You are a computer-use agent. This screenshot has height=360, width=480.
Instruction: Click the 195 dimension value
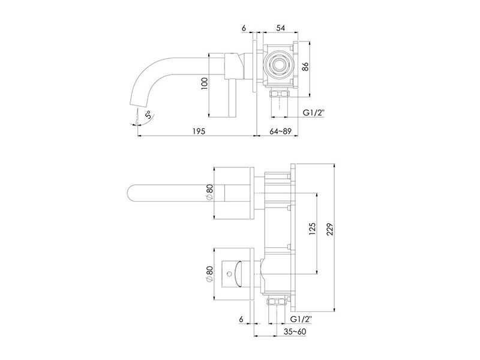pos(199,131)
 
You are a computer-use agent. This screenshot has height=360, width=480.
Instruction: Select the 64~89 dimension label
pos(280,131)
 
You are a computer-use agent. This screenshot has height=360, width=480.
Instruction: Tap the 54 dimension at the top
pos(280,28)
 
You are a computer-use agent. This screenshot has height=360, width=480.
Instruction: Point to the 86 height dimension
pos(305,67)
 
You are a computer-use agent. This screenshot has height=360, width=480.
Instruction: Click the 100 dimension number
pos(205,83)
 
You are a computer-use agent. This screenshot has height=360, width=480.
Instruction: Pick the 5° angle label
pos(148,115)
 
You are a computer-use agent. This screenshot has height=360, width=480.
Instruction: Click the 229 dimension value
pos(329,229)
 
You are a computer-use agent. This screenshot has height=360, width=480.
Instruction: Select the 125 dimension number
pos(312,229)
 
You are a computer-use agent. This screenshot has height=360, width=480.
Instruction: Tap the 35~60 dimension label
pos(295,331)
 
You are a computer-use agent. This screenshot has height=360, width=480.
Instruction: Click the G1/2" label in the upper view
pos(313,113)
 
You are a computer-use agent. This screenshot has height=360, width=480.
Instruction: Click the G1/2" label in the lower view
pos(301,319)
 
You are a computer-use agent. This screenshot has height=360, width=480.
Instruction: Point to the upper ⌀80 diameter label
pos(209,193)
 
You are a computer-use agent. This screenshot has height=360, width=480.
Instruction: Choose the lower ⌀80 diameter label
pos(209,274)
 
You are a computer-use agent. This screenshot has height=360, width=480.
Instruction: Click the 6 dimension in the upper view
pos(244,28)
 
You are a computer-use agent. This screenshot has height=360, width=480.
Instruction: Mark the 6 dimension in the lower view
pos(241,319)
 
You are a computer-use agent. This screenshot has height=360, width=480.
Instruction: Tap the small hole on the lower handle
pos(228,272)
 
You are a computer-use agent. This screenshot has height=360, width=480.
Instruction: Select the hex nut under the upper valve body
pos(279,94)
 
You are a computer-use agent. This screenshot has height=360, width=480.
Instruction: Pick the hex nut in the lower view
pos(277,302)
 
